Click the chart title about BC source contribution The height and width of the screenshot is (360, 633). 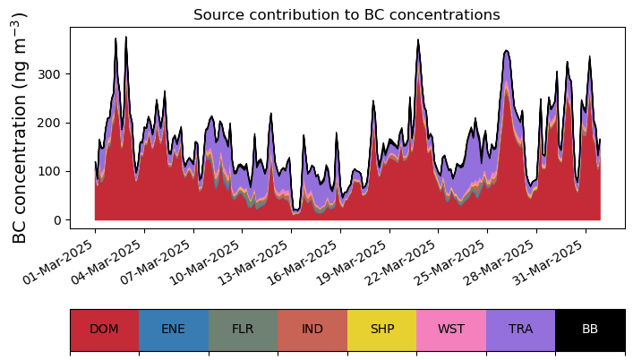[346, 14]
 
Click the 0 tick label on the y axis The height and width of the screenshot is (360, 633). [58, 220]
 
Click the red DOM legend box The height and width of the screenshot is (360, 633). [104, 330]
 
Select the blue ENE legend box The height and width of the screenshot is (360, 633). [174, 330]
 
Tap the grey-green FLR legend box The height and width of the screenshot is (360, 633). [243, 330]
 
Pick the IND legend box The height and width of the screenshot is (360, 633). [312, 330]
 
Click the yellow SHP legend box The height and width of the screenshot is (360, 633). [381, 330]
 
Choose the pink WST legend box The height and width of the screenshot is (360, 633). [451, 330]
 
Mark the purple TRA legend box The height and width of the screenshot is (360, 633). [520, 330]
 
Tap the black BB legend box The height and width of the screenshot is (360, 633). [590, 330]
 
